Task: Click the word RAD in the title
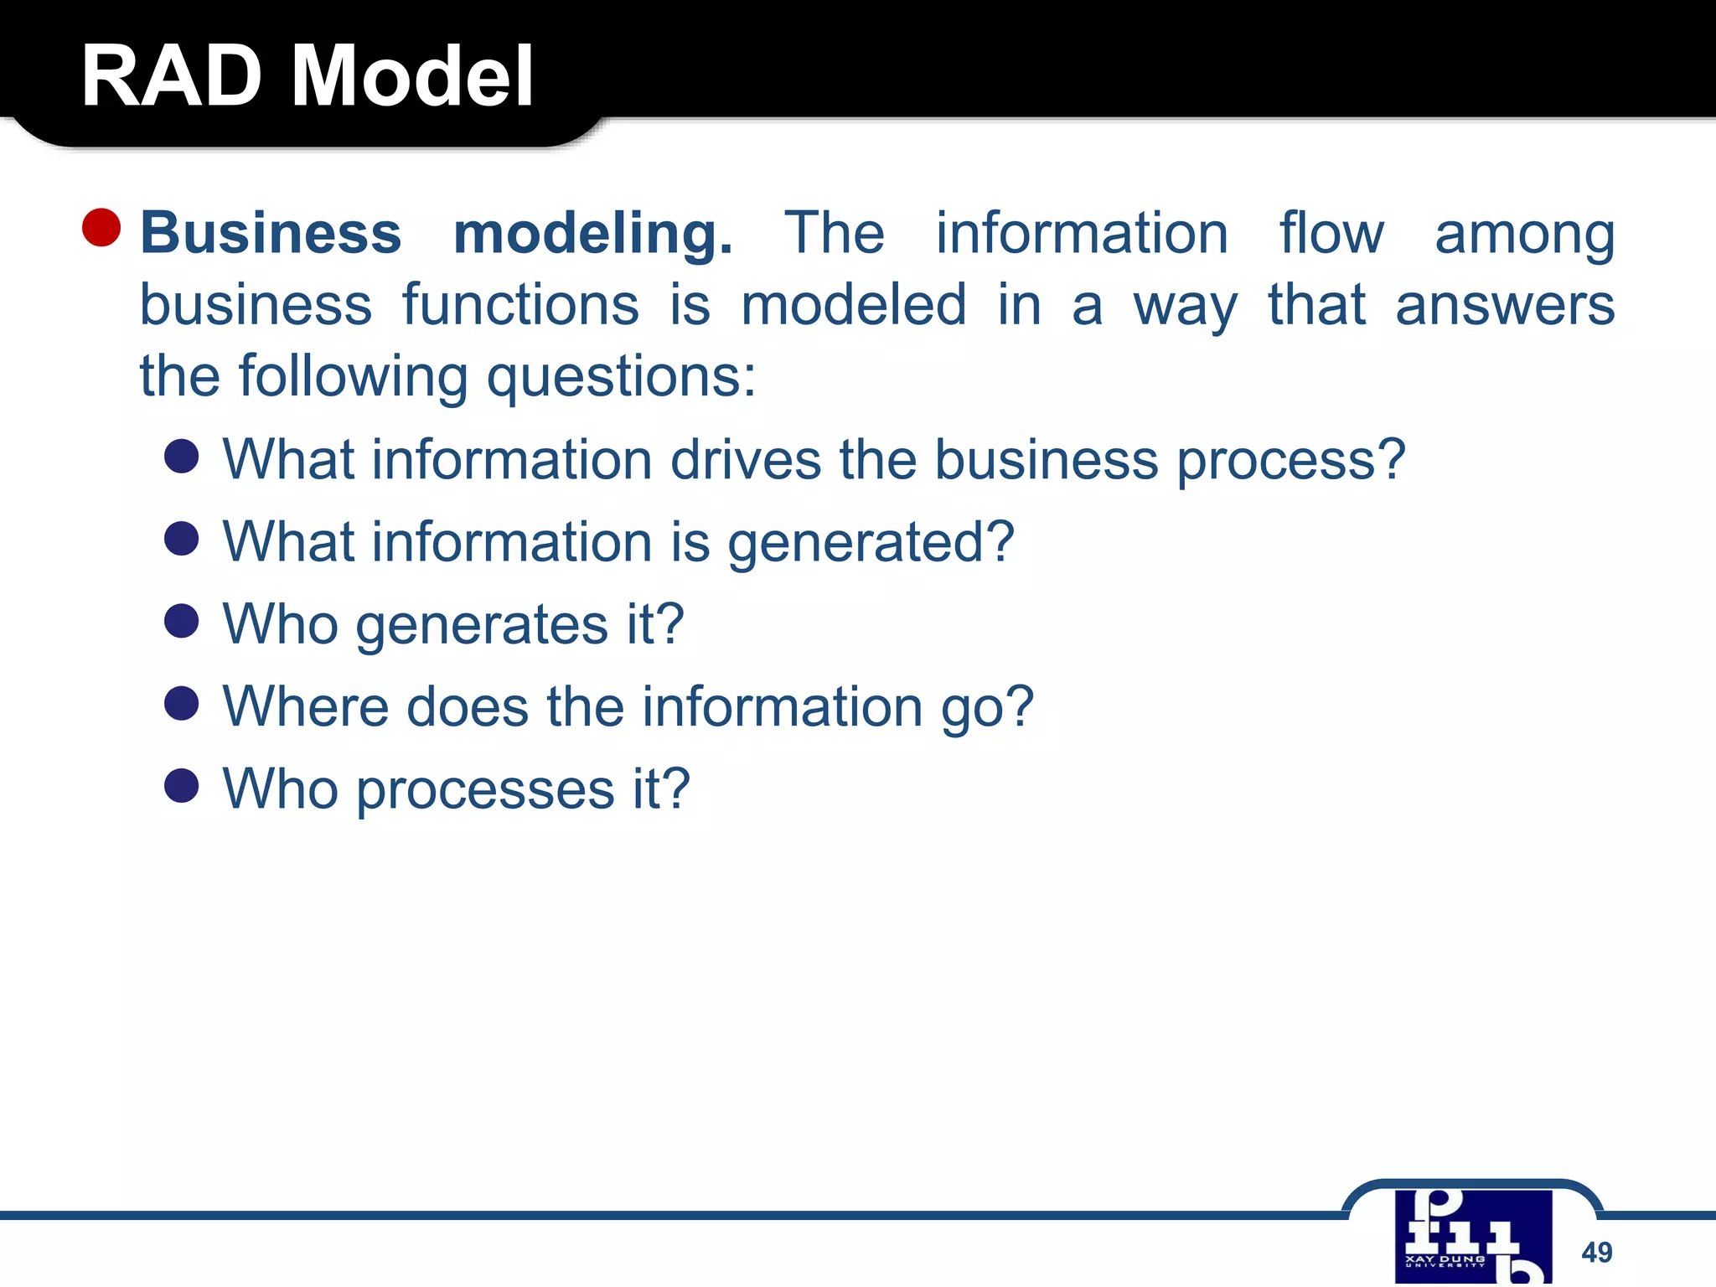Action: coord(171,76)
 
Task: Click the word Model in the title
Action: coord(411,76)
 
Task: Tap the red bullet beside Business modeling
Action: coord(102,227)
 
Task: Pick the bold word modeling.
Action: coord(592,235)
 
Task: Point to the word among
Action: coord(1524,235)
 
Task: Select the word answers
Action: coord(1504,305)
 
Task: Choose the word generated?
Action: coord(871,544)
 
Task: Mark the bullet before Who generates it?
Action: coord(182,621)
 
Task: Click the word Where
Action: coord(305,706)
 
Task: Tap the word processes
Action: coord(485,790)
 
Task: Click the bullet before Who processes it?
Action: coord(182,786)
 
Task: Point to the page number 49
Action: coord(1596,1252)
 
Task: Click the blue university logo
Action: coord(1473,1237)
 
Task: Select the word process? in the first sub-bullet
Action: coord(1290,462)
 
